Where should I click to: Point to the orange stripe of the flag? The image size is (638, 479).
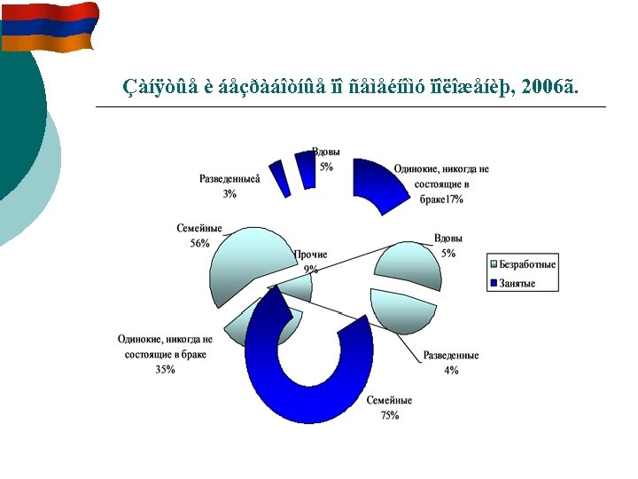pyautogui.click(x=49, y=43)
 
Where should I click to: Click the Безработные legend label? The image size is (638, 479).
pyautogui.click(x=527, y=264)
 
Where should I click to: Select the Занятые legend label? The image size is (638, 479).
pyautogui.click(x=517, y=284)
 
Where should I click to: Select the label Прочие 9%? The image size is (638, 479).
pyautogui.click(x=310, y=261)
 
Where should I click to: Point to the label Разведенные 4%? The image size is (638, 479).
pyautogui.click(x=451, y=362)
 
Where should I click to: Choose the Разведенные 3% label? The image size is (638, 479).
pyautogui.click(x=230, y=185)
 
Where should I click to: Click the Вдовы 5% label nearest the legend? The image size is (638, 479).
pyautogui.click(x=448, y=246)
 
